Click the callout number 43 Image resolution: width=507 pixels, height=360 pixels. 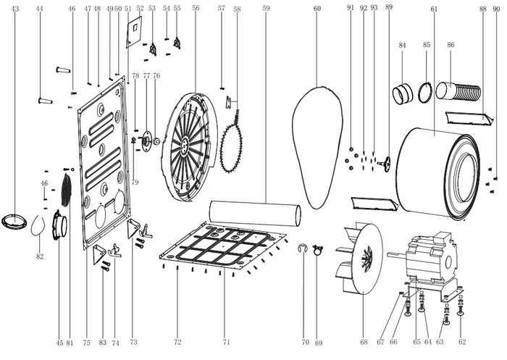(15, 9)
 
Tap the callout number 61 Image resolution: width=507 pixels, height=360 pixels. (434, 9)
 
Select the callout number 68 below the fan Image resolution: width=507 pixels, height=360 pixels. (364, 342)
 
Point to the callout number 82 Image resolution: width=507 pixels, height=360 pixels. (39, 256)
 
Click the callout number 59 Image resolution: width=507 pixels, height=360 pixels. (266, 9)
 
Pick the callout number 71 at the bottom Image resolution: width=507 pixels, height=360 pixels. (226, 342)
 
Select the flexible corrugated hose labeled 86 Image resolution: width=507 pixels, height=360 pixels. (458, 91)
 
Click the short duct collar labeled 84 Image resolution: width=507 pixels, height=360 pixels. (403, 93)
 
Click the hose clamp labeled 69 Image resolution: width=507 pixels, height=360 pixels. (318, 250)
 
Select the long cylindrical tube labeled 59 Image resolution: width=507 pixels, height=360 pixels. (255, 214)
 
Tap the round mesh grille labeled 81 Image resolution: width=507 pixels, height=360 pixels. (66, 190)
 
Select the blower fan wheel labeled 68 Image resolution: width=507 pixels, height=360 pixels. (359, 258)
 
